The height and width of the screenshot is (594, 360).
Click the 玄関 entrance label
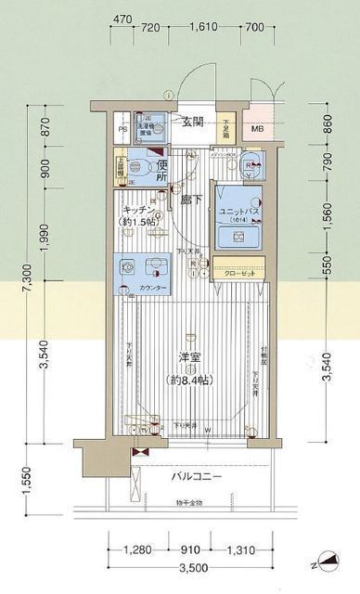pos(193,123)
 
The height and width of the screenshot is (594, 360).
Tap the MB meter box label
pos(258,128)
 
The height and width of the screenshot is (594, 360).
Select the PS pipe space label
pos(123,131)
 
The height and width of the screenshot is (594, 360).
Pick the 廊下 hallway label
pos(192,199)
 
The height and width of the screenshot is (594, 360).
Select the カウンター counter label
pos(153,289)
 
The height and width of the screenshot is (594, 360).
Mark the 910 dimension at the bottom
pos(193,549)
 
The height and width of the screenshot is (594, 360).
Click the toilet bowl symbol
pos(140,166)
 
